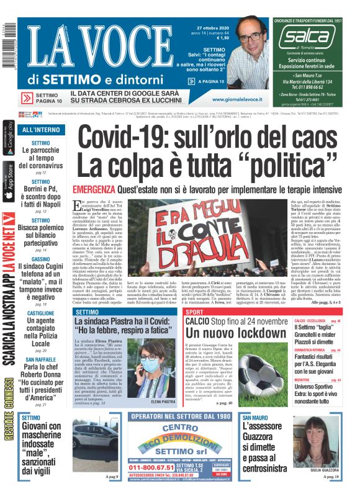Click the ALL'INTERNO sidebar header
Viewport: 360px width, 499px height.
[x=41, y=130]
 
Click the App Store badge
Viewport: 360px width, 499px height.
[x=9, y=181]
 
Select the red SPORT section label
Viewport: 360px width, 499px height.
[x=194, y=312]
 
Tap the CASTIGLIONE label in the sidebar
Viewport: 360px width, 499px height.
[x=40, y=314]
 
